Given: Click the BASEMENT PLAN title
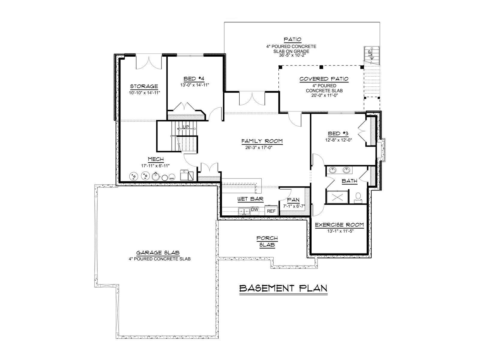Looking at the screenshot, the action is [283, 288].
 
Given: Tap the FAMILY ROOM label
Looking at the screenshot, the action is [262, 141].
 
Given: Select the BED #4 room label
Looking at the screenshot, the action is [194, 79].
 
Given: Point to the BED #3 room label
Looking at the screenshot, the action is [338, 133].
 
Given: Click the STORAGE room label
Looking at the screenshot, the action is [144, 86].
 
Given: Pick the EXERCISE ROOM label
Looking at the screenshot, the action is [339, 225].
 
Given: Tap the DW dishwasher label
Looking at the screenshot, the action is [254, 209].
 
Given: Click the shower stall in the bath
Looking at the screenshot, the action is [337, 197].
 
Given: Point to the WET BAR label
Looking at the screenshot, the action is [250, 199].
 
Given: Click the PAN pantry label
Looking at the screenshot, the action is [293, 200].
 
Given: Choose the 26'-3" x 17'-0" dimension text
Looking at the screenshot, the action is [259, 148].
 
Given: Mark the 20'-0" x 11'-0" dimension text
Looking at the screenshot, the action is [325, 95].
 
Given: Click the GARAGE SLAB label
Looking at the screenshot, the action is [158, 253].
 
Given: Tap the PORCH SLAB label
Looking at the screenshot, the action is [267, 241].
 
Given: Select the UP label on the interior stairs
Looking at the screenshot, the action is [186, 127].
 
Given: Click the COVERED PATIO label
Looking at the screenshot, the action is [324, 79].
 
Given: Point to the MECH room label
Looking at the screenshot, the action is [156, 159].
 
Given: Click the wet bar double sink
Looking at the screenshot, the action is [244, 211].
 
